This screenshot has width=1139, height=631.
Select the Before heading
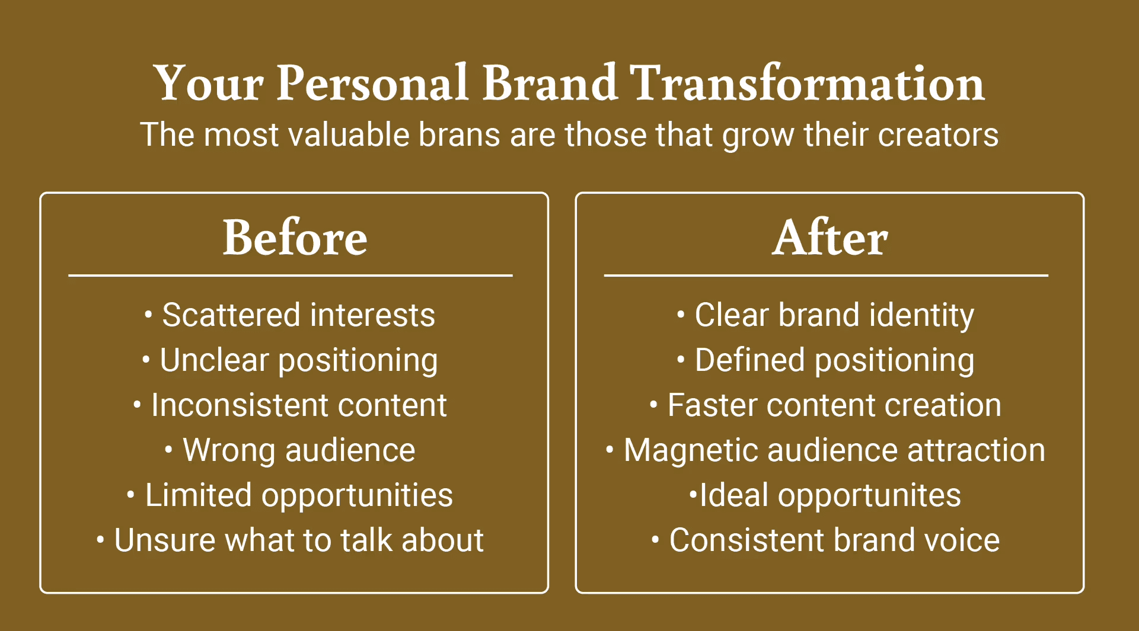click(295, 237)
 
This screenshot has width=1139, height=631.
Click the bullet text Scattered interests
click(299, 315)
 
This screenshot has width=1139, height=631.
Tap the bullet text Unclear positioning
click(299, 361)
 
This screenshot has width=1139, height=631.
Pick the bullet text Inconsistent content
click(299, 405)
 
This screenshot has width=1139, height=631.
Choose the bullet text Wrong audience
click(299, 451)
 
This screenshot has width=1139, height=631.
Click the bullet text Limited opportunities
click(299, 496)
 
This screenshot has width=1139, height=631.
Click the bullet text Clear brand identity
click(834, 316)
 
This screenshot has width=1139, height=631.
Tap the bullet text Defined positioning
click(834, 361)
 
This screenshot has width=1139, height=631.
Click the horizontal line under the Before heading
click(291, 276)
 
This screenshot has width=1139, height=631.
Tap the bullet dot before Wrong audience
click(169, 450)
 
